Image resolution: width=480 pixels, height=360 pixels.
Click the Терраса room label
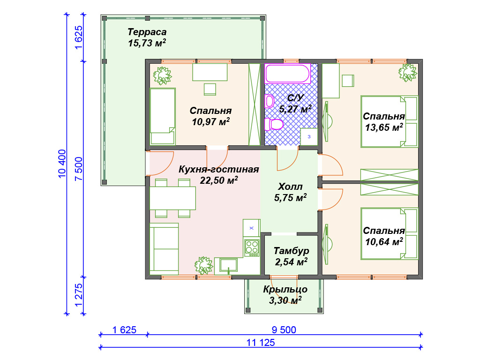[147, 32]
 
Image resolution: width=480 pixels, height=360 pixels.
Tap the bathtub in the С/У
[288, 74]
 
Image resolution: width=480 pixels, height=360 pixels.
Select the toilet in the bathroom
[274, 124]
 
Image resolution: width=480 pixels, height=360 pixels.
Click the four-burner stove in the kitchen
[252, 248]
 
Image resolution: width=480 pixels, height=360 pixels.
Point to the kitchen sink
[229, 265]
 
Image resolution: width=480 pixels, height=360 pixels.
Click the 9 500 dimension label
[284, 330]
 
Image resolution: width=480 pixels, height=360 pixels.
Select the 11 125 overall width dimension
[261, 343]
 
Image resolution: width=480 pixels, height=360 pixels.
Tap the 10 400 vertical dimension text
[62, 164]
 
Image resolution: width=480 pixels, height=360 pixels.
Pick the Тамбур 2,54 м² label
[291, 256]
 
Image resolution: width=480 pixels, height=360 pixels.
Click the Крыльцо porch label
[285, 289]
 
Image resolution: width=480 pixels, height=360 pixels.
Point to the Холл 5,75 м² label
[290, 192]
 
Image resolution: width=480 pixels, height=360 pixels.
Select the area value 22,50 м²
[219, 180]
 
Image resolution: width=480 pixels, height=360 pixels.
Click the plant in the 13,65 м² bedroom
[408, 73]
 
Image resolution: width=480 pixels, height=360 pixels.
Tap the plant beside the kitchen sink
[203, 265]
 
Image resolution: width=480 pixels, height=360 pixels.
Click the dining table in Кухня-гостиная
[172, 198]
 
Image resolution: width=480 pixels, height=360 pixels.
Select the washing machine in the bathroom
[309, 136]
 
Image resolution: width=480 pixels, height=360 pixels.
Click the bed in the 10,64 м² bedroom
[390, 233]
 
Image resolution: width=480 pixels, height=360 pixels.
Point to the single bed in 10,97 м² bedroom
[163, 116]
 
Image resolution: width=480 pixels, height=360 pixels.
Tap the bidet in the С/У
[270, 101]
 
